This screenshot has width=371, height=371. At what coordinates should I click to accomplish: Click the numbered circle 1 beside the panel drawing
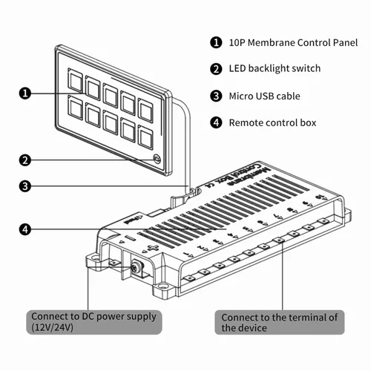point(24,93)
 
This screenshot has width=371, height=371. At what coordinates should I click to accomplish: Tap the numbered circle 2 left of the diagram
point(24,160)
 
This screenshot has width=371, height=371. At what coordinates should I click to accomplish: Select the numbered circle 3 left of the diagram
point(24,185)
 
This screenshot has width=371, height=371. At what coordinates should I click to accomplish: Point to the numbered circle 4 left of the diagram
point(24,230)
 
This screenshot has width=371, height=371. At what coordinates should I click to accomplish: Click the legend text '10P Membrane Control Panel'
point(293,42)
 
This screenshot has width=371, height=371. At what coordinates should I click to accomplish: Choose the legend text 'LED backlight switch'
point(275,69)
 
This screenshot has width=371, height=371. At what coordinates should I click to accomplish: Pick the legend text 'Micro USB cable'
point(266,96)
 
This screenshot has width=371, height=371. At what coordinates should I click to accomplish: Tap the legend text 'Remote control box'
point(272,122)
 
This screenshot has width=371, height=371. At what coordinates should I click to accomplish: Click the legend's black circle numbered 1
point(216,42)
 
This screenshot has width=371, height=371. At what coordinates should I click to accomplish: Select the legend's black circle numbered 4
point(216,122)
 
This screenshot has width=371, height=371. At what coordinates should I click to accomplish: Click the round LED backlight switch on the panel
point(157,159)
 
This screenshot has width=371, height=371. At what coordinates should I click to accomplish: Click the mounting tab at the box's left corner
point(94,259)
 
